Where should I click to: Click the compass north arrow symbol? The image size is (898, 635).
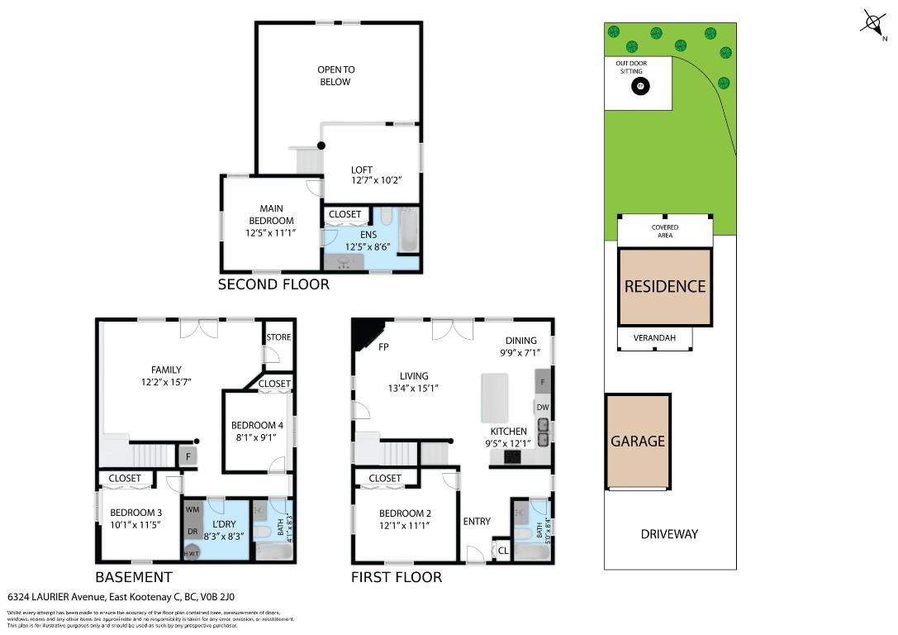(x=873, y=22)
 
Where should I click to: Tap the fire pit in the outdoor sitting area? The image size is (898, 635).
(x=640, y=86)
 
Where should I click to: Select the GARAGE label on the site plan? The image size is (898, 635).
(x=637, y=442)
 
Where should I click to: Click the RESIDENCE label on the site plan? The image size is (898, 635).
(x=665, y=287)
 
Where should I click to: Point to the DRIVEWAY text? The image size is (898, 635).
(x=669, y=534)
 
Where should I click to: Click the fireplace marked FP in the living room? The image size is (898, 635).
(x=363, y=336)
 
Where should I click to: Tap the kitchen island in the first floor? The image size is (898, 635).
(x=495, y=398)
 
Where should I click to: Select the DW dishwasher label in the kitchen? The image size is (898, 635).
(x=543, y=407)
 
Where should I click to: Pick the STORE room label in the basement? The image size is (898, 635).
(x=278, y=337)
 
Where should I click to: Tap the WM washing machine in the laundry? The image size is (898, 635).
(x=192, y=509)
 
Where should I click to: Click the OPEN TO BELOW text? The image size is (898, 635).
(x=335, y=76)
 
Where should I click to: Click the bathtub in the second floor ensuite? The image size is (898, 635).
(x=409, y=230)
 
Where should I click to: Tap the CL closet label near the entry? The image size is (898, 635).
(x=503, y=550)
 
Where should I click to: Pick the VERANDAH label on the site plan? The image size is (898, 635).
(x=655, y=338)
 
